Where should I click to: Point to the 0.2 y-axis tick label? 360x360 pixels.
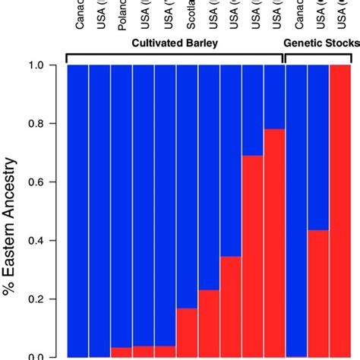pyautogui.click(x=46, y=298)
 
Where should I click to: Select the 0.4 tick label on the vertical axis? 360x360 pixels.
pyautogui.click(x=46, y=241)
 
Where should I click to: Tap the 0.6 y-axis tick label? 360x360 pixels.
pyautogui.click(x=46, y=182)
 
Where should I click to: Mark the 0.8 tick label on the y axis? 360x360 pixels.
pyautogui.click(x=46, y=124)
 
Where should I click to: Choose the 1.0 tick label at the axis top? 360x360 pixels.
pyautogui.click(x=46, y=66)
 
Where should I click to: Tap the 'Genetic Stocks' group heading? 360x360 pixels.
pyautogui.click(x=321, y=44)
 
